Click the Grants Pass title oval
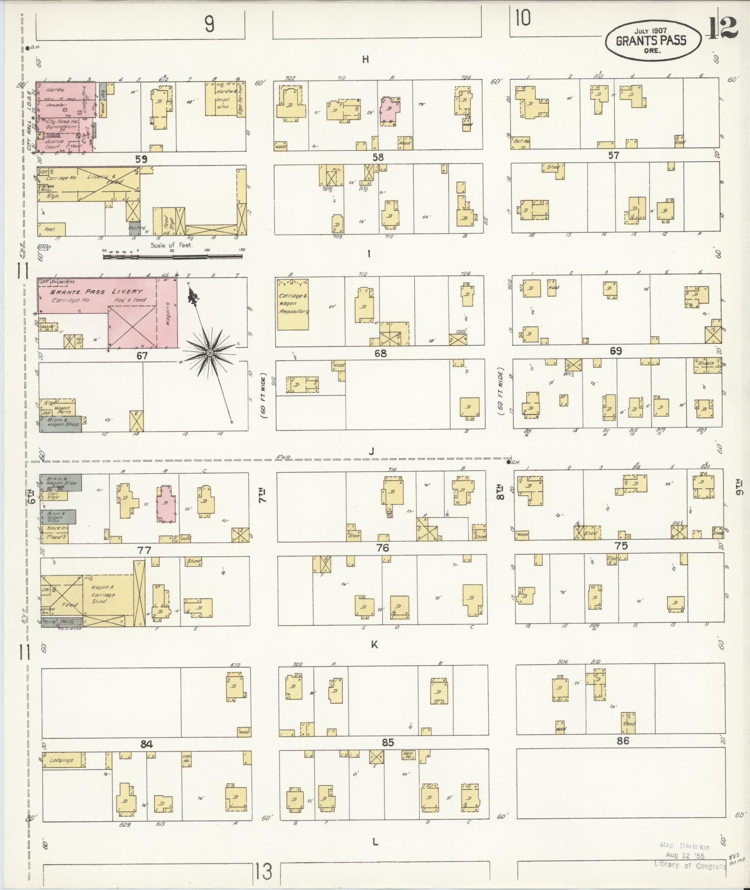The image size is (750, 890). tap(652, 41)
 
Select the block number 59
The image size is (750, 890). tap(141, 159)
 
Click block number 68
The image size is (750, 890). tap(380, 354)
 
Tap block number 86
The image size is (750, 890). tap(623, 740)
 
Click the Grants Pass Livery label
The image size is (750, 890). tap(97, 292)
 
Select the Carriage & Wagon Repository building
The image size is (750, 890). tap(293, 304)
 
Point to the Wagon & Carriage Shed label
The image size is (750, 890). tap(103, 595)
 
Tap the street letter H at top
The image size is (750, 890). tap(365, 60)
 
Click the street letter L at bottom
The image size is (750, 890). tap(375, 842)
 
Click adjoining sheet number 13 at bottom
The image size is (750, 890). tap(263, 872)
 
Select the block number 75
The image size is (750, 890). tap(621, 546)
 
